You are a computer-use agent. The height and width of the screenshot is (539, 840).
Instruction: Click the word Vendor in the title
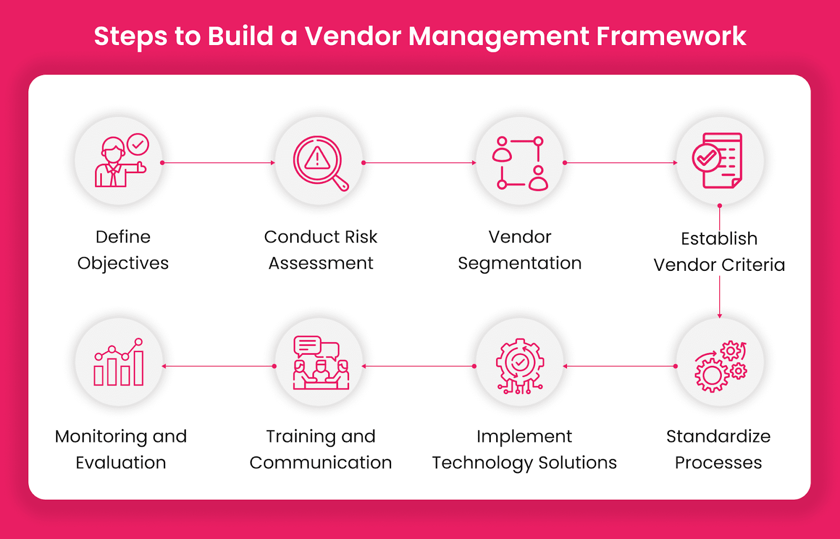click(352, 37)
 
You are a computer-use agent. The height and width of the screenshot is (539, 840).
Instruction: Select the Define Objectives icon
click(119, 161)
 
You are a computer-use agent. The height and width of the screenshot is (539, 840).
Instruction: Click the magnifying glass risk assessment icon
click(319, 162)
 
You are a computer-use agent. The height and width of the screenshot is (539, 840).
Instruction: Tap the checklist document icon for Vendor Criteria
click(719, 160)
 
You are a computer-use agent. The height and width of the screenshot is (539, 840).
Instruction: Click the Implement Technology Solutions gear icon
click(520, 365)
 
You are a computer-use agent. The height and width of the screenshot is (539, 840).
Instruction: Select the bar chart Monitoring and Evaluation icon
click(119, 363)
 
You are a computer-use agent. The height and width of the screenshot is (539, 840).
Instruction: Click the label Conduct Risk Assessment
click(321, 250)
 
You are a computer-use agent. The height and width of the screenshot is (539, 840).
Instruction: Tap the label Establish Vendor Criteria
click(719, 251)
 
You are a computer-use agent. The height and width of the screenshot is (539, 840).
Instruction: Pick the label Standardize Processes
click(718, 449)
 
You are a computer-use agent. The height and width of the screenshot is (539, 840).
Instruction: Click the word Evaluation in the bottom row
click(121, 462)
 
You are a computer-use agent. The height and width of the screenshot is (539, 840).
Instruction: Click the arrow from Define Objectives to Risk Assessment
click(218, 163)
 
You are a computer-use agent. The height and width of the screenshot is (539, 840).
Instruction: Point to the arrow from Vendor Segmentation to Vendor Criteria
click(620, 163)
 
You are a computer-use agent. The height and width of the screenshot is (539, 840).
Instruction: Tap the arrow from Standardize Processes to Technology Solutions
click(619, 366)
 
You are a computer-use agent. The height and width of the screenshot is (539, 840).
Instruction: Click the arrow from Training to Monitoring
click(218, 366)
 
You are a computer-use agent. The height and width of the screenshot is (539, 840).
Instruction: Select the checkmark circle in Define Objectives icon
click(138, 144)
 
